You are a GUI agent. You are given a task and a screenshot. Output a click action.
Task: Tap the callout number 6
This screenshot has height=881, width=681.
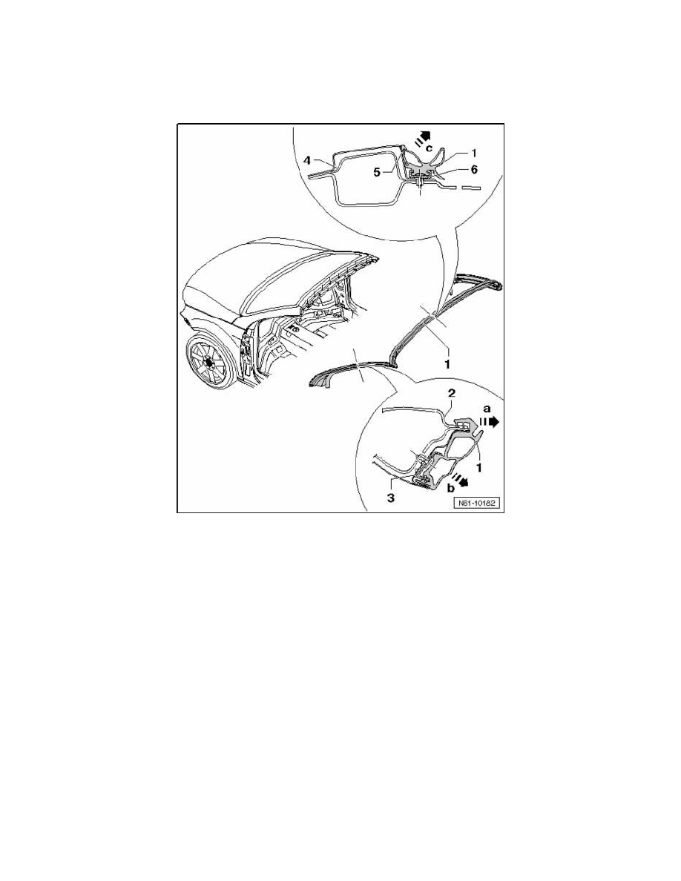pos(473,169)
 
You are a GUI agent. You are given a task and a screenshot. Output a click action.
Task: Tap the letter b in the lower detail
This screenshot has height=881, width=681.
pos(452,489)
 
